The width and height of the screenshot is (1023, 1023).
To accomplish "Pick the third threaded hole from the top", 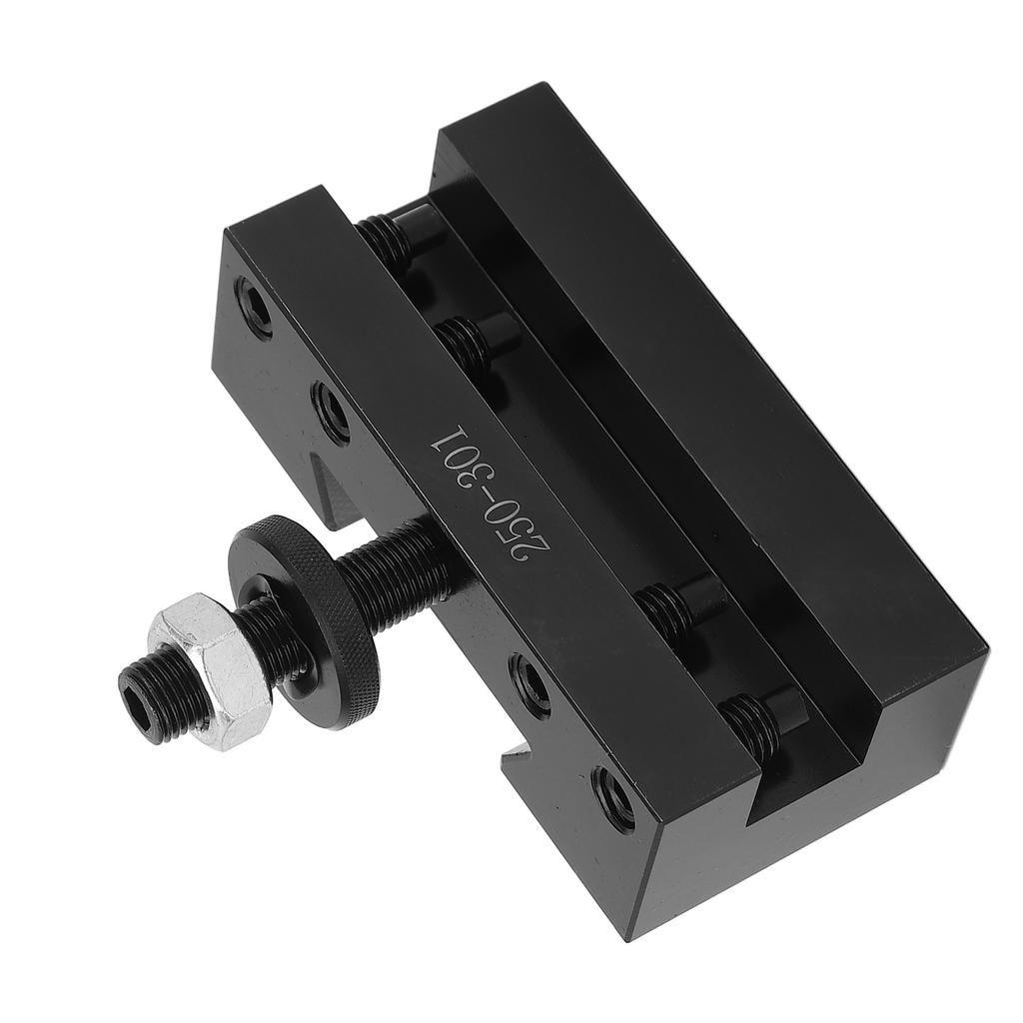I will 529,684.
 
